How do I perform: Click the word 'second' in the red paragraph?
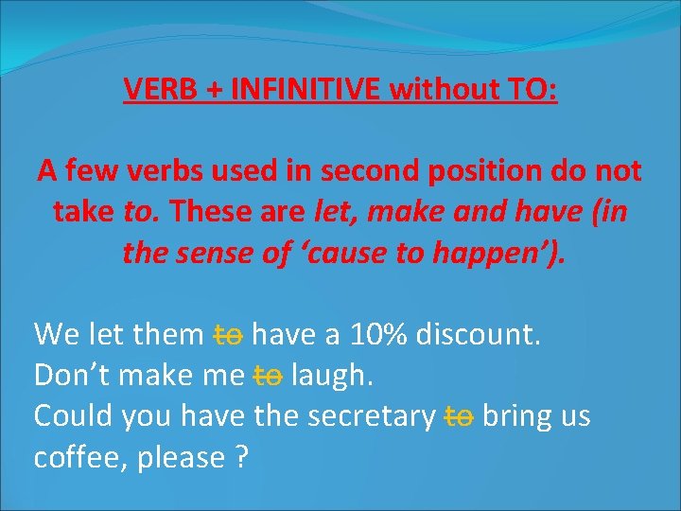pyautogui.click(x=352, y=172)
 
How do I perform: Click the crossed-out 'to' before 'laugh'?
pyautogui.click(x=269, y=376)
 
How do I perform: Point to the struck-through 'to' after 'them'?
pyautogui.click(x=229, y=334)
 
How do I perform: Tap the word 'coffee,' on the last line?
pyautogui.click(x=81, y=459)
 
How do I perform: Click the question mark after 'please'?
pyautogui.click(x=241, y=459)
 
